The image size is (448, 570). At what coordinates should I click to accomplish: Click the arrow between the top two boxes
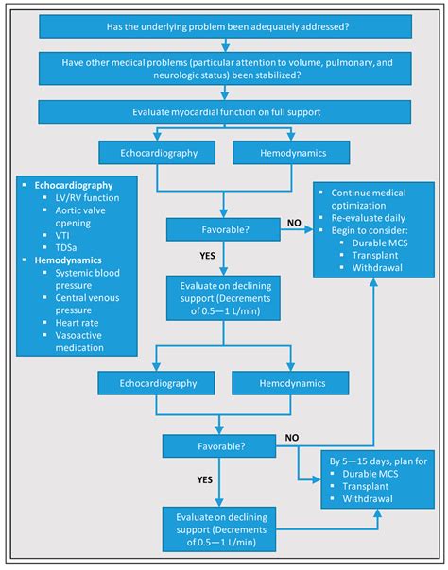pyautogui.click(x=224, y=43)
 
